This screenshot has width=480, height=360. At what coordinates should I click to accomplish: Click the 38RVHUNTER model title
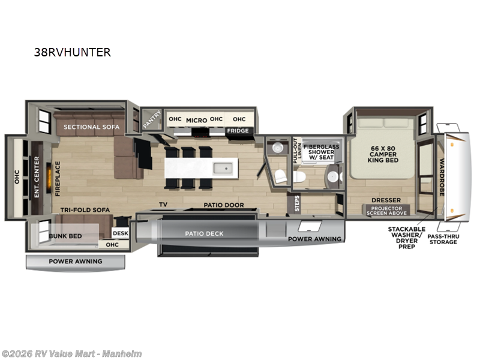point(73,52)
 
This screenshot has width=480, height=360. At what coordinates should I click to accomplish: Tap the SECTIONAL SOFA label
point(92,127)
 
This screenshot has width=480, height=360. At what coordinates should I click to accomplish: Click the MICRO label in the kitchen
point(196,120)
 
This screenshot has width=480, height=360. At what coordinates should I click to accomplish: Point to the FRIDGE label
point(237,131)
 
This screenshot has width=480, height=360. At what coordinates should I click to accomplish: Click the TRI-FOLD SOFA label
point(84,211)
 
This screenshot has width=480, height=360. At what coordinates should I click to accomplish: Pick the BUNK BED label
point(65,236)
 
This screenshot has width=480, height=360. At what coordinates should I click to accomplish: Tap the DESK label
point(121,233)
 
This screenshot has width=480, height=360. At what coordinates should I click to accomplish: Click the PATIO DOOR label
point(223,205)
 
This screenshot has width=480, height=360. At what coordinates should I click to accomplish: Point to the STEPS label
point(296,203)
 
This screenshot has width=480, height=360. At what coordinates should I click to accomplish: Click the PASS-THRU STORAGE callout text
point(443,238)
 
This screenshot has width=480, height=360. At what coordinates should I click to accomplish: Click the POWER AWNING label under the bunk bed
point(75,261)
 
